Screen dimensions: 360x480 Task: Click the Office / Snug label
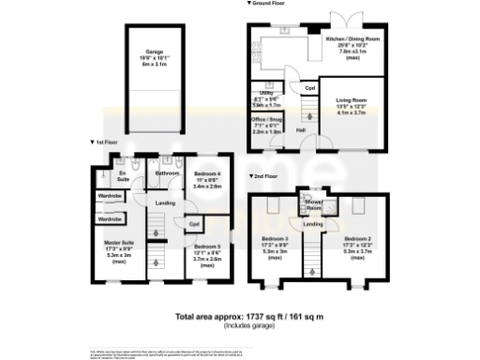point(269,121)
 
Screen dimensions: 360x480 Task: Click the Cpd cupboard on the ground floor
point(310,87)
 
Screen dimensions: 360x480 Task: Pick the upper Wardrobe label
point(109,195)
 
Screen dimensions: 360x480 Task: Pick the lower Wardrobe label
point(109,218)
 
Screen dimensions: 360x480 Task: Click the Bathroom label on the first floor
point(167,173)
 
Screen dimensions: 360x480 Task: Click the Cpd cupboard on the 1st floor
point(193,225)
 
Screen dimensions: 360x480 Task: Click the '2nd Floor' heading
point(267,176)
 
